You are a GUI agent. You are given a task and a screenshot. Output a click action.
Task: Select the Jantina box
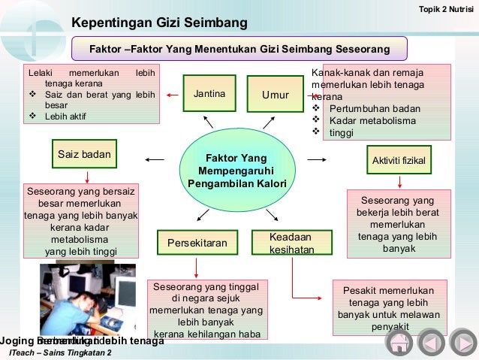pos(209,95)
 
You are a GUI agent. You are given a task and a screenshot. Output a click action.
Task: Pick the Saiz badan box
pos(84,154)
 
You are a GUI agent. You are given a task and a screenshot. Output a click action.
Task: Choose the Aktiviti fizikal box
pos(399,161)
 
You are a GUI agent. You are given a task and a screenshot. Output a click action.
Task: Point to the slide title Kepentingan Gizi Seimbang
pos(159,24)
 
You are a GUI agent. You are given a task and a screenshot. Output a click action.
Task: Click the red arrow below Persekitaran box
pos(196,267)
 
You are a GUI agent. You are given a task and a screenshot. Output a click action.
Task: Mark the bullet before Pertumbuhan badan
pos(315,108)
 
